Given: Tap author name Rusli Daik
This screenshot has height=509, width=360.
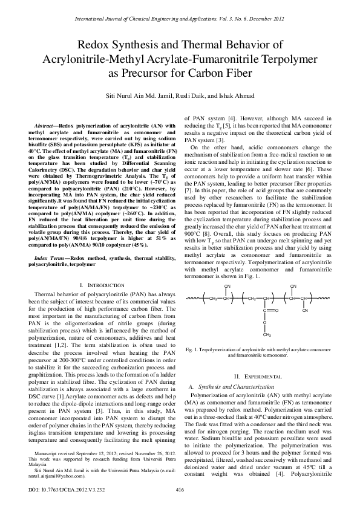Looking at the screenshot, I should [195, 96].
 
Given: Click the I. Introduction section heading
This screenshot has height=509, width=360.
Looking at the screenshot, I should [98, 284].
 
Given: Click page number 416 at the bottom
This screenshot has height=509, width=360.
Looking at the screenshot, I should [180, 489].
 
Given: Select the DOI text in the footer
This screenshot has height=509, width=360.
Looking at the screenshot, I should [53, 489].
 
